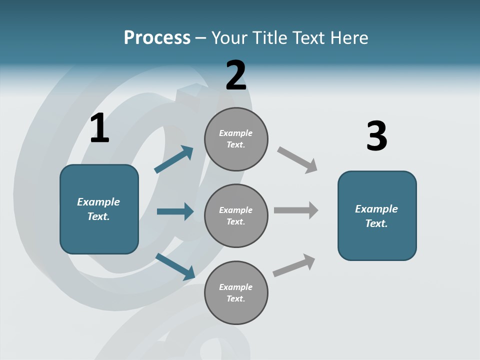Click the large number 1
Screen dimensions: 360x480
click(99, 128)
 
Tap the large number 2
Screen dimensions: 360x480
click(236, 75)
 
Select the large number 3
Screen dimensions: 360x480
click(376, 136)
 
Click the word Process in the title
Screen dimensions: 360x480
click(157, 38)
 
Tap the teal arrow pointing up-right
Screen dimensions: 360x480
click(174, 159)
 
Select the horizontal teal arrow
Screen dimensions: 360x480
click(175, 211)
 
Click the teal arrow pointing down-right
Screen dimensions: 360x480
click(175, 266)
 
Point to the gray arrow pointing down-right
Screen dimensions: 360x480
click(297, 160)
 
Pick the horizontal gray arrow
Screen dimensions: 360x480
click(296, 210)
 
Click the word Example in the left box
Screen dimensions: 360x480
click(98, 202)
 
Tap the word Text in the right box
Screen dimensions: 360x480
click(376, 224)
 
